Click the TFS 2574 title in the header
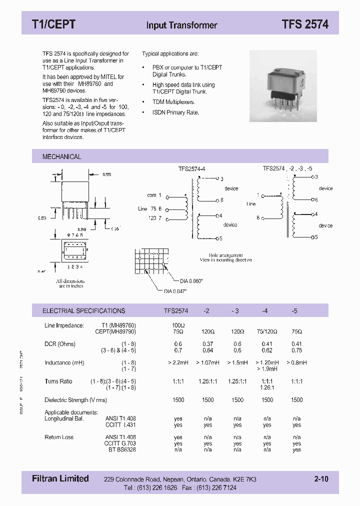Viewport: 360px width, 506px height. (x=304, y=24)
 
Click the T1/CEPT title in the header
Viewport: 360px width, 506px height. (x=53, y=24)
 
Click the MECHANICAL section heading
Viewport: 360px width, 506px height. (x=61, y=156)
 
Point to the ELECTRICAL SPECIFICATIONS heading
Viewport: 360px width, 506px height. (x=83, y=310)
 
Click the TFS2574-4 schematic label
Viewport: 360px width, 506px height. (x=191, y=169)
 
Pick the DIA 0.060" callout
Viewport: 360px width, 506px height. (x=191, y=281)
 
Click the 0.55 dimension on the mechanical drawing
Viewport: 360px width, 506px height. (x=106, y=174)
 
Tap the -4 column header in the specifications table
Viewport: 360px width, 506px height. (x=265, y=310)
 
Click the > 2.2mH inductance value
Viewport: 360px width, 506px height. (x=178, y=362)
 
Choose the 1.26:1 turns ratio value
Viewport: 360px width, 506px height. (x=267, y=387)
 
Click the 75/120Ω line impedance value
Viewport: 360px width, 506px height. (x=267, y=331)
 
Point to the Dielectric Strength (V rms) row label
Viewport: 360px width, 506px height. (x=75, y=400)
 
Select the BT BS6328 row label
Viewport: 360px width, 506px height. (x=120, y=449)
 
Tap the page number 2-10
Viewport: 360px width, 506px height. (x=321, y=479)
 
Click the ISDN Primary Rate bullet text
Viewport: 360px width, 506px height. (x=175, y=112)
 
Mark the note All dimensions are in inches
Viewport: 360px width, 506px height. (x=70, y=283)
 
